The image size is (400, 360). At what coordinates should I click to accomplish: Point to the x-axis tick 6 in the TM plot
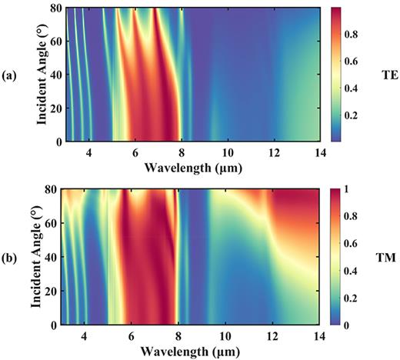(x=135, y=335)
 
